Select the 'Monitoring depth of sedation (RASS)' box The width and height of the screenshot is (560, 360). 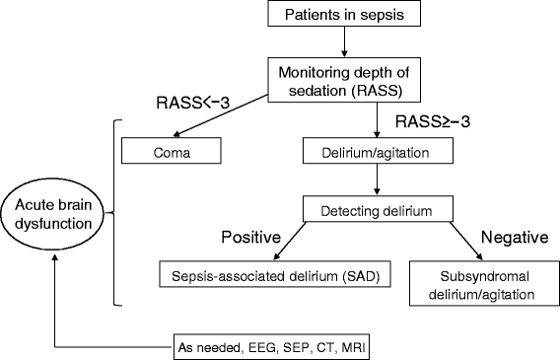(x=343, y=78)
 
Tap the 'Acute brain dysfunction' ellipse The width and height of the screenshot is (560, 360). (x=51, y=213)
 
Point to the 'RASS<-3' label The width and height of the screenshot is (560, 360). (x=192, y=101)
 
